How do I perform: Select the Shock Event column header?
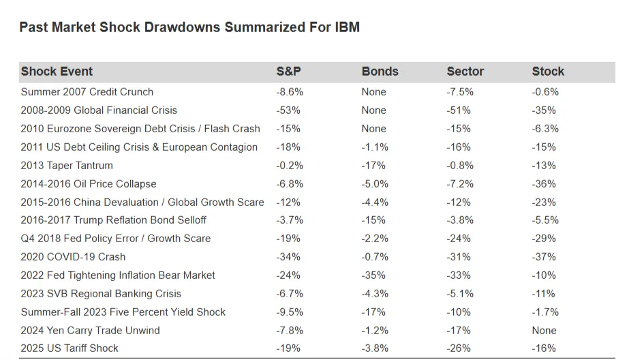click(57, 72)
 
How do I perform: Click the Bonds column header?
click(380, 72)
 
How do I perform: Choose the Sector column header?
click(465, 72)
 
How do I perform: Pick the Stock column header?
click(548, 72)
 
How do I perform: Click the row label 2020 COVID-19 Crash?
click(73, 257)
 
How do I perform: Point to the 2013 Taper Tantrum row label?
click(67, 166)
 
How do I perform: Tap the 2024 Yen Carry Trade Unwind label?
click(90, 331)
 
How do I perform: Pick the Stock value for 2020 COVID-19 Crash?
click(544, 257)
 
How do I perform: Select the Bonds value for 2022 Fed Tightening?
click(373, 275)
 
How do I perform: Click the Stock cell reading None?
click(544, 331)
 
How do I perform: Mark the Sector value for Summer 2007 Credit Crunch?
click(461, 92)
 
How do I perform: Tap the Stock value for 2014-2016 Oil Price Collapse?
click(544, 184)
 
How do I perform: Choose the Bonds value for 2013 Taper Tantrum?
click(373, 166)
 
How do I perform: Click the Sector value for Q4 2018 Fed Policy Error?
click(459, 239)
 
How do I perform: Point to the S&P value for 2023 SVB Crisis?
click(290, 294)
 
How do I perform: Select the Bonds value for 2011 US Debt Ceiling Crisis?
click(375, 147)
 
